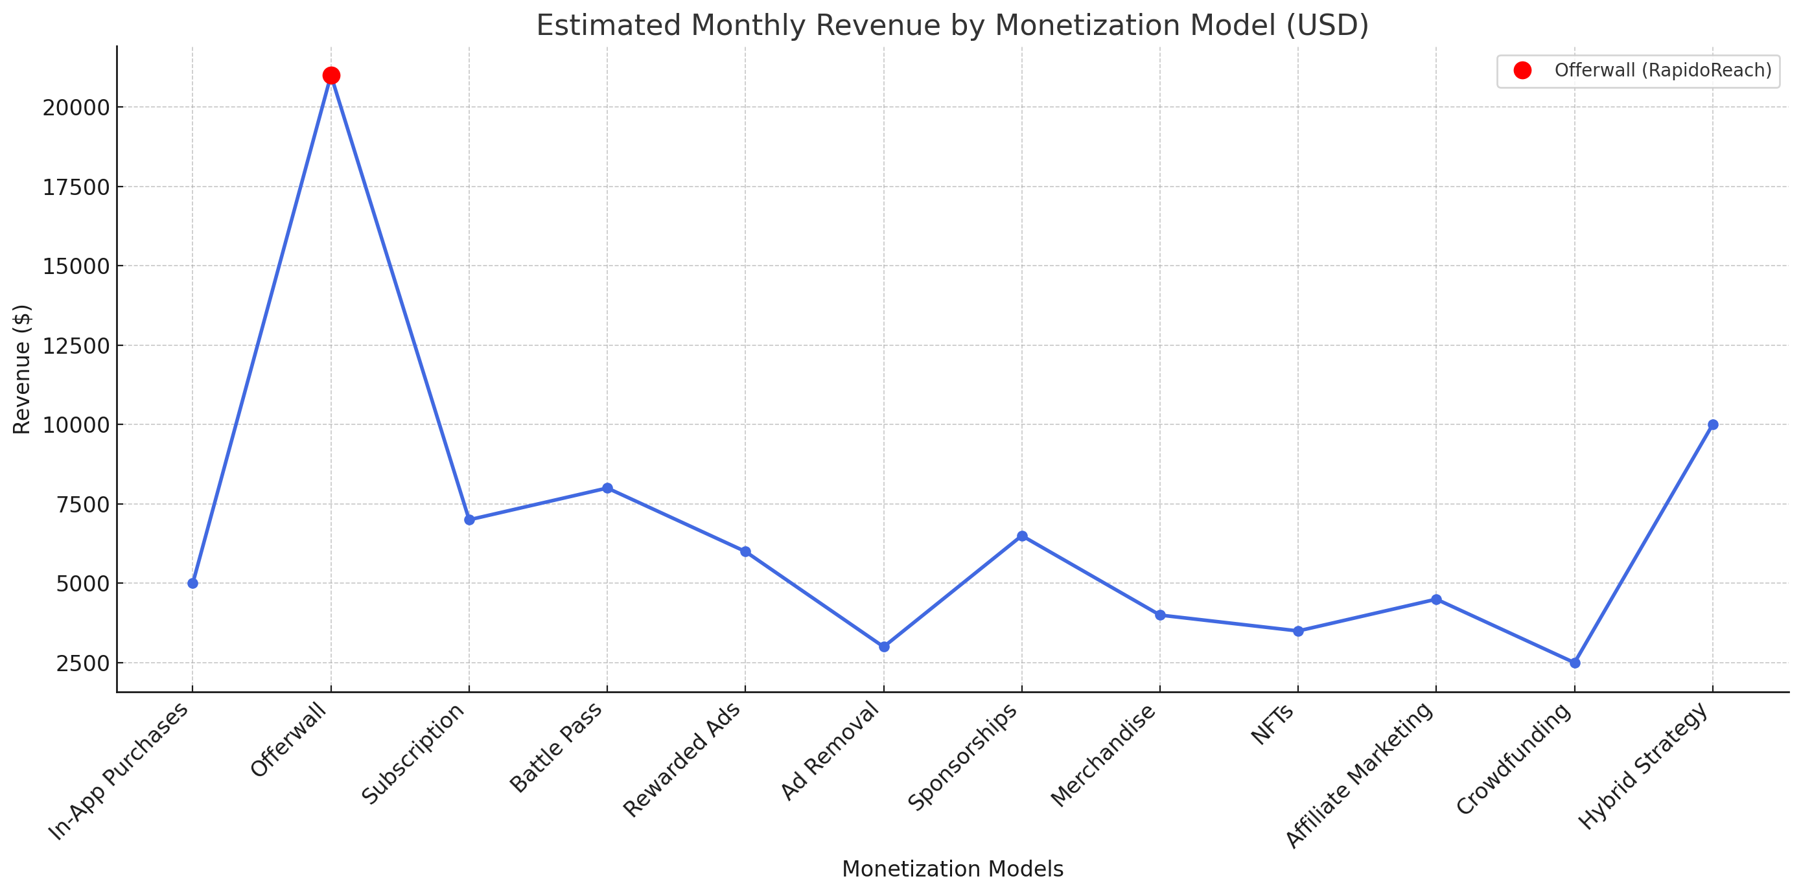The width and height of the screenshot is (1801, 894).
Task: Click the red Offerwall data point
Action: [x=331, y=76]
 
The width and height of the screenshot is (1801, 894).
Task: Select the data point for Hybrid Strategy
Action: [x=1713, y=425]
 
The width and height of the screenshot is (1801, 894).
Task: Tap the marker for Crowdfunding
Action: [x=1574, y=663]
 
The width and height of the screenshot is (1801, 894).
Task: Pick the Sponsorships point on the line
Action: [x=1022, y=536]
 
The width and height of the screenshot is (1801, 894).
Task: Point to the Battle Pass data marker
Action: [x=607, y=488]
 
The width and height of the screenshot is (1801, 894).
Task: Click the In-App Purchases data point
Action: [x=193, y=583]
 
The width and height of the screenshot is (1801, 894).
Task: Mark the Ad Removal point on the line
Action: [x=884, y=647]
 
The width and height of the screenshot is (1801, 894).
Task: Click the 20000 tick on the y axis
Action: [x=76, y=108]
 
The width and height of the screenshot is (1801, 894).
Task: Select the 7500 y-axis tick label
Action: [x=82, y=505]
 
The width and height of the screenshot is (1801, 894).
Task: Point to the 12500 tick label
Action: [x=76, y=346]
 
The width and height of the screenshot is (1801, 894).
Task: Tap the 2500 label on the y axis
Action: [x=82, y=663]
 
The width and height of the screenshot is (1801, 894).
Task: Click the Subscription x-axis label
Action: [x=413, y=753]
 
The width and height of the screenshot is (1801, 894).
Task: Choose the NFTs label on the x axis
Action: [x=1272, y=725]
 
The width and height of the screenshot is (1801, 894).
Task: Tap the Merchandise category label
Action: [x=1103, y=755]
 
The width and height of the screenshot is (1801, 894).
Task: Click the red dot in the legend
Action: [x=1522, y=71]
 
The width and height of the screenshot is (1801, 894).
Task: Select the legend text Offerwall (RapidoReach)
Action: [x=1662, y=71]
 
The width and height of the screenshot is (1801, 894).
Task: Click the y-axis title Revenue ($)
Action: [x=23, y=369]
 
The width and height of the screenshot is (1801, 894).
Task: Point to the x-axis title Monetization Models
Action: [x=952, y=869]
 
